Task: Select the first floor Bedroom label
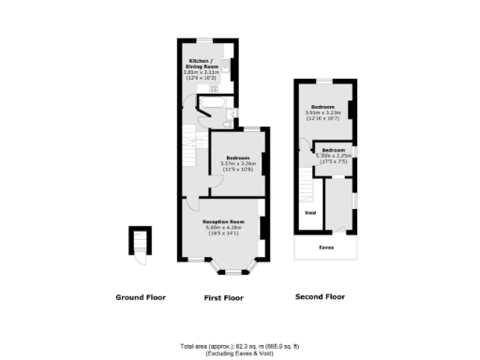[x=236, y=157]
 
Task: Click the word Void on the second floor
[x=309, y=213]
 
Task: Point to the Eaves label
[x=326, y=248]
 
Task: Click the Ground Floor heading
[x=141, y=297]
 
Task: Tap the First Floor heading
[x=223, y=297]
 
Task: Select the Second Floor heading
[x=320, y=297]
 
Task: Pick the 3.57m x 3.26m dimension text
[x=236, y=164]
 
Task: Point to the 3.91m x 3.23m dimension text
[x=323, y=113]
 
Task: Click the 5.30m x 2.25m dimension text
[x=334, y=156]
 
